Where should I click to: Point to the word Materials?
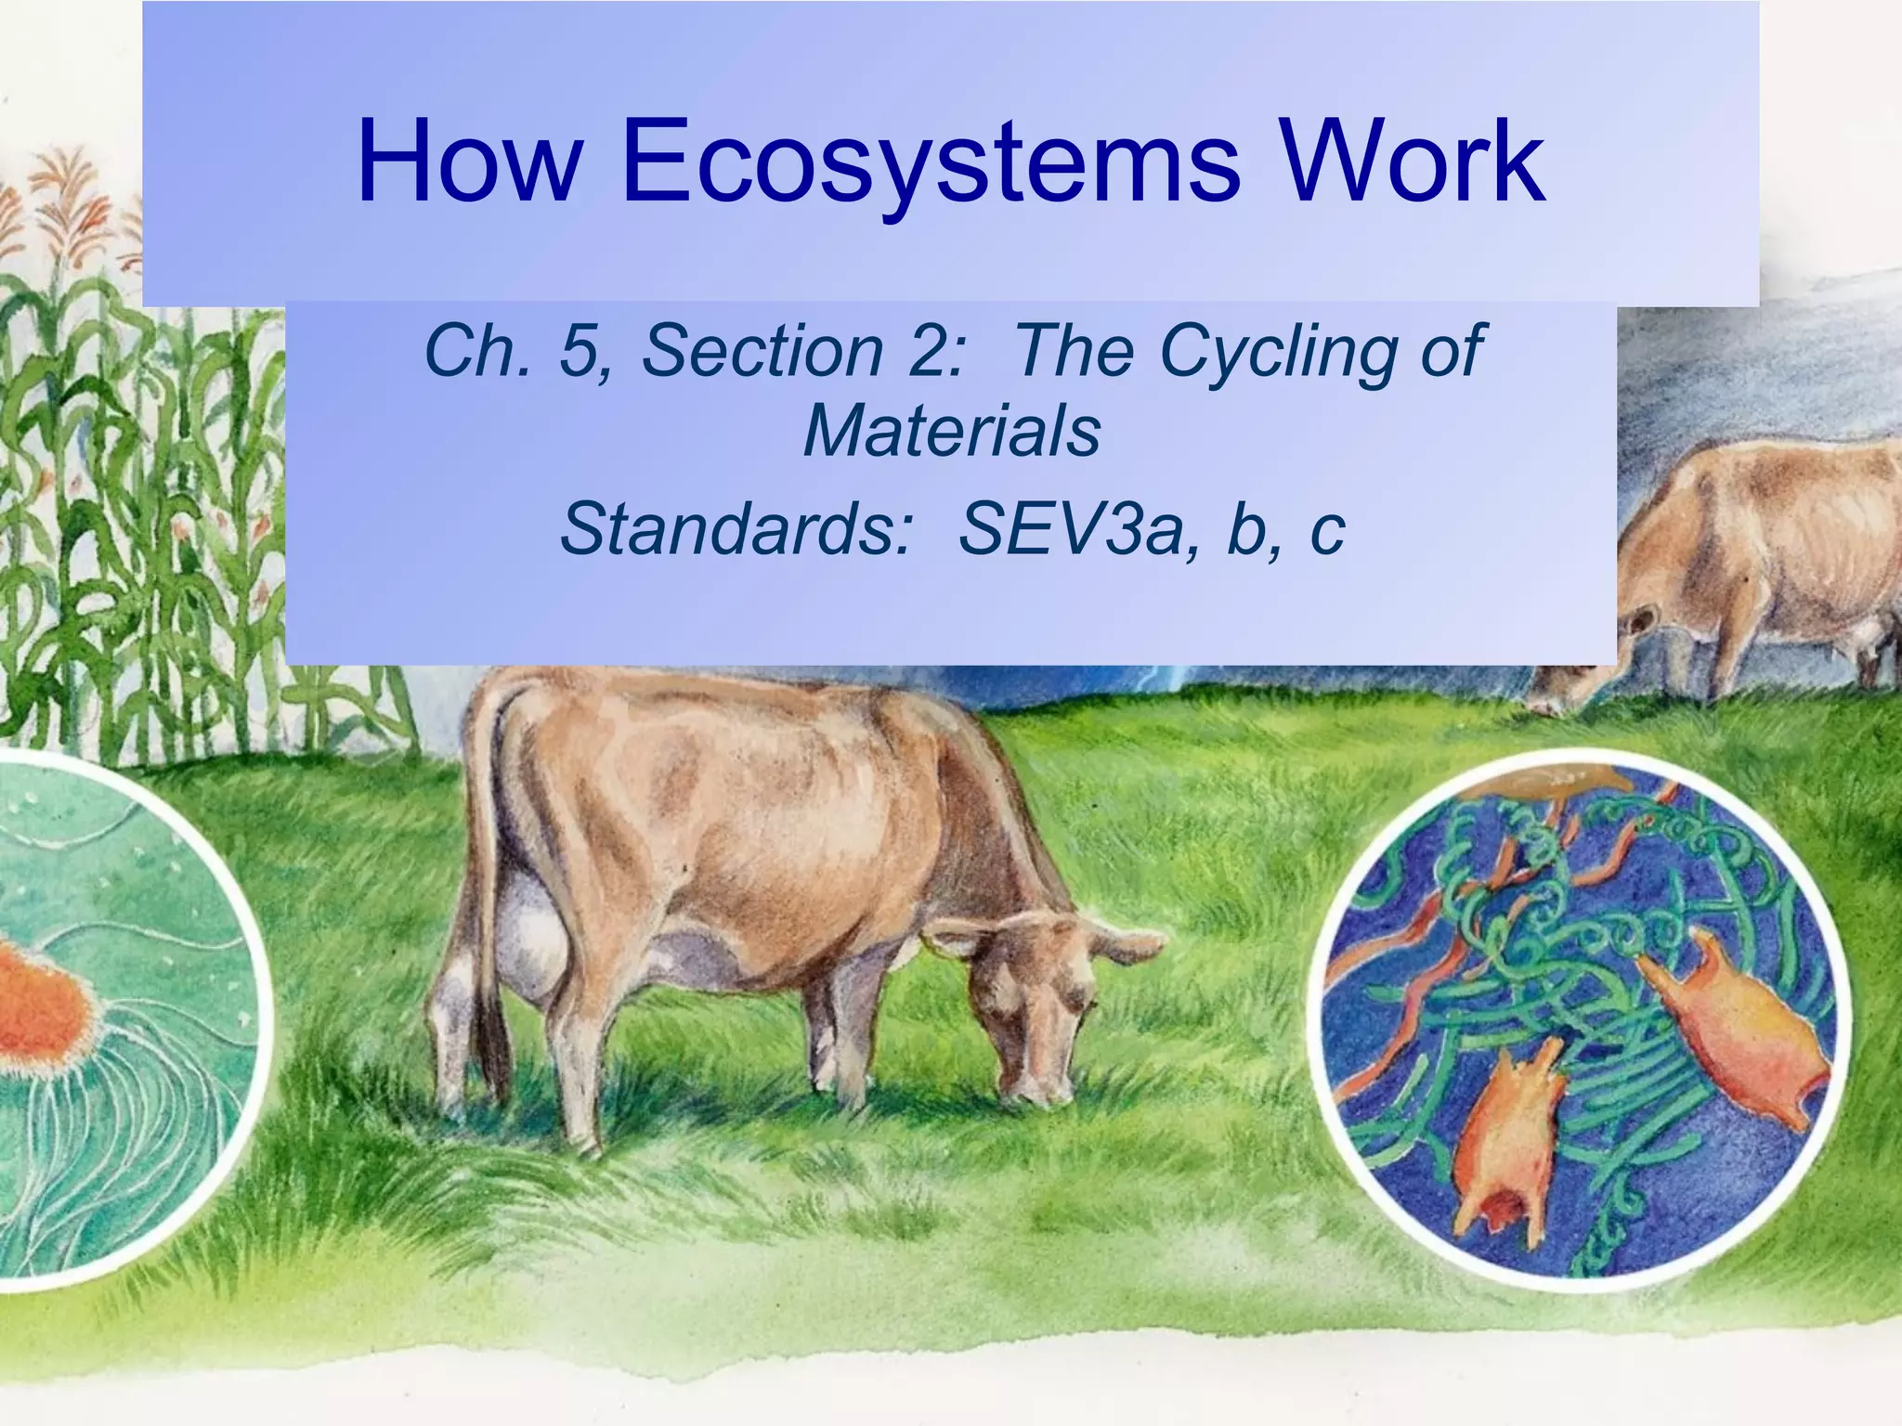pyautogui.click(x=952, y=432)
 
